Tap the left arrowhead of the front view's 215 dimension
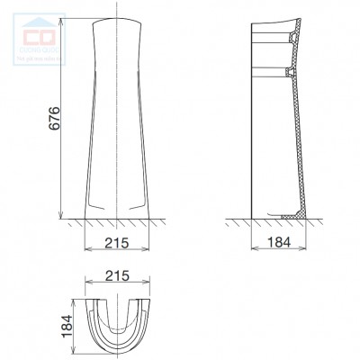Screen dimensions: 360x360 [x=86, y=252]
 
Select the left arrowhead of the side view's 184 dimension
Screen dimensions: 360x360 [x=253, y=252]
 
